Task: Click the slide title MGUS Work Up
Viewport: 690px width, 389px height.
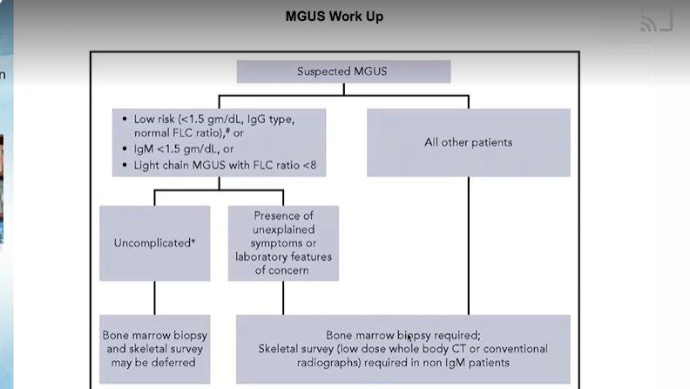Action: point(335,17)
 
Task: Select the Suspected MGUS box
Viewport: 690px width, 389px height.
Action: point(343,72)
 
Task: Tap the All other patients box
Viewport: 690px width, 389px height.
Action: point(469,142)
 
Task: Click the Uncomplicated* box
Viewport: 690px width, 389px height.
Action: point(154,242)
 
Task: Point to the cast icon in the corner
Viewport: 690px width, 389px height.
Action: point(656,21)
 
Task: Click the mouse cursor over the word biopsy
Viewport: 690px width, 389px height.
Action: point(409,338)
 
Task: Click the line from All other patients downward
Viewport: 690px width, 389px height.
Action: point(469,246)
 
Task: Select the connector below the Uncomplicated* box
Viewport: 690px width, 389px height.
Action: point(154,297)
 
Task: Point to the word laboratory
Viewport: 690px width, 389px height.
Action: point(260,256)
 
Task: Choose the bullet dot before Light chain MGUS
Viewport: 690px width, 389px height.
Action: point(125,165)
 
